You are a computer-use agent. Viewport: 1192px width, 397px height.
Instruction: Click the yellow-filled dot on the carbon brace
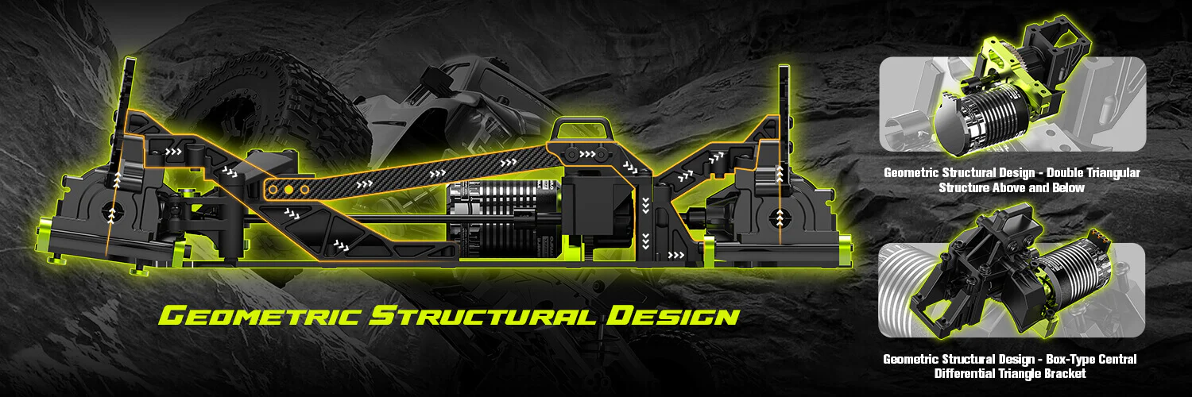(x=288, y=191)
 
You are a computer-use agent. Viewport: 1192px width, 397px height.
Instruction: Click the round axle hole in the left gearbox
(x=112, y=213)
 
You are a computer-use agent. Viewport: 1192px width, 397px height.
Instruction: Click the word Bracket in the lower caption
(x=1062, y=373)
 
